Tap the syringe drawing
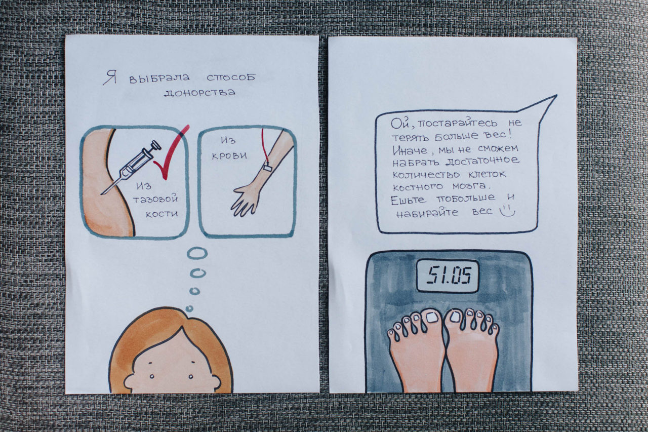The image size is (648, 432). pyautogui.click(x=131, y=167)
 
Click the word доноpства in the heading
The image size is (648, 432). pyautogui.click(x=199, y=93)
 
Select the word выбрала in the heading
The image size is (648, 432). pyautogui.click(x=159, y=78)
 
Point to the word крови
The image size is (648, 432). pyautogui.click(x=229, y=156)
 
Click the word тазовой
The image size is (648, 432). pyautogui.click(x=155, y=200)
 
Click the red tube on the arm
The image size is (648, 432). pyautogui.click(x=265, y=147)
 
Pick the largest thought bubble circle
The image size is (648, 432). pyautogui.click(x=197, y=253)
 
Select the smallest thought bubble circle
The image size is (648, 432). pyautogui.click(x=189, y=309)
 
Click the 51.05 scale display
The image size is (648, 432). pyautogui.click(x=448, y=276)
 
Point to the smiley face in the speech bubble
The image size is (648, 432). pyautogui.click(x=508, y=211)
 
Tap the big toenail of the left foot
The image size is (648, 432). pyautogui.click(x=432, y=317)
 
